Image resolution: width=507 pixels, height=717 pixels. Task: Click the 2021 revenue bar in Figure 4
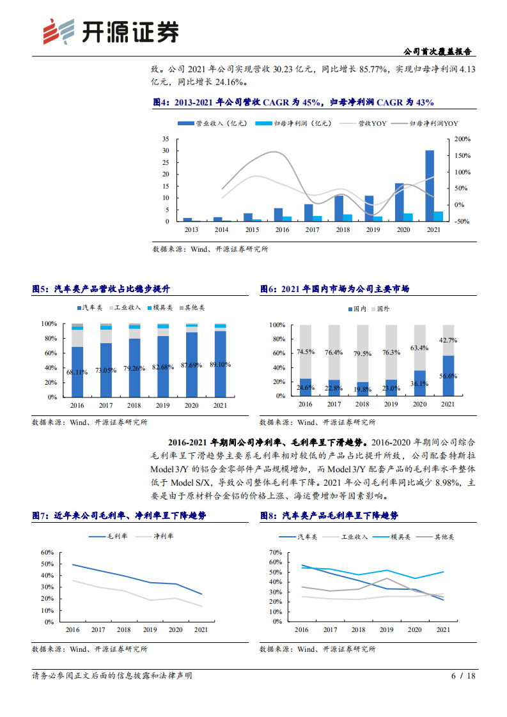(x=430, y=185)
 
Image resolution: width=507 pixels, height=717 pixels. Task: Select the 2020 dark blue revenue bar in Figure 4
(x=399, y=202)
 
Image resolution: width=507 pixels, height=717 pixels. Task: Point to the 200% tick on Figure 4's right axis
(x=462, y=139)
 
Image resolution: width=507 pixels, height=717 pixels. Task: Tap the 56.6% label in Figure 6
(x=448, y=377)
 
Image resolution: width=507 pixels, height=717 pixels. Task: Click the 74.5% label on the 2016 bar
(x=305, y=352)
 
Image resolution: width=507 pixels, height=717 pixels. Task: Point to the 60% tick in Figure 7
(x=46, y=552)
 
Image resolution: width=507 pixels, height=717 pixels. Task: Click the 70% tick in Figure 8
(x=274, y=552)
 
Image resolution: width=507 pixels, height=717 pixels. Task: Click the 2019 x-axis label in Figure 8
(x=386, y=630)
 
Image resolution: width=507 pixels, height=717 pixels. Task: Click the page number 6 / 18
(x=464, y=675)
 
